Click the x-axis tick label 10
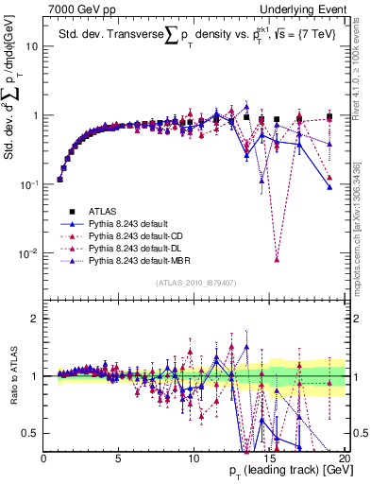pyautogui.click(x=194, y=458)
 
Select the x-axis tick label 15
pyautogui.click(x=268, y=458)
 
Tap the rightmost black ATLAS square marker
pyautogui.click(x=329, y=117)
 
